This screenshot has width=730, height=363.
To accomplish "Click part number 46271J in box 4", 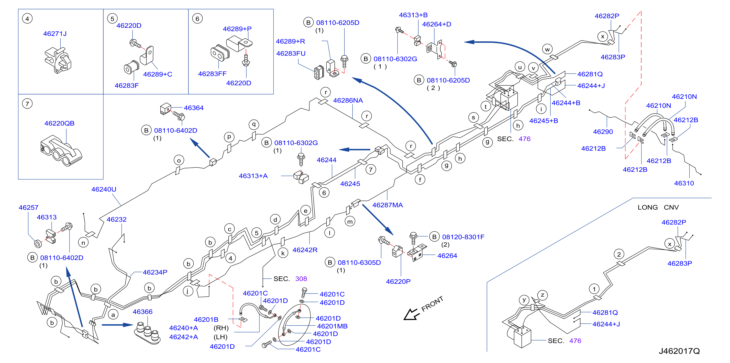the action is [x=55, y=34].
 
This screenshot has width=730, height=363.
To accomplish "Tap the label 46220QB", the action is [x=59, y=123].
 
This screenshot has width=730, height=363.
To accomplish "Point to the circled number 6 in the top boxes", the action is [x=197, y=19].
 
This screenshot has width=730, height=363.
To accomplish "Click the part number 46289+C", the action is [x=157, y=74].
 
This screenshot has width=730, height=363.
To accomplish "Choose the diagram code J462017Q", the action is [x=679, y=351].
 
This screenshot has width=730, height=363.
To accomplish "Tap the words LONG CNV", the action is [x=658, y=207].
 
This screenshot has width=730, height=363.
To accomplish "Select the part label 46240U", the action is [x=104, y=189].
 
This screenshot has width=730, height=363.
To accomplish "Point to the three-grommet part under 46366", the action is [x=147, y=333].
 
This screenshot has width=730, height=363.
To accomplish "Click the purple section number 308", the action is [x=301, y=279].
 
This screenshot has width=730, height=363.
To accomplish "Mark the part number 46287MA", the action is [x=387, y=205].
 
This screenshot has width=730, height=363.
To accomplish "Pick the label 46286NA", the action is [x=348, y=100].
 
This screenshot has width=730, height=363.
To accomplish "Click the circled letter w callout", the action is [x=547, y=49].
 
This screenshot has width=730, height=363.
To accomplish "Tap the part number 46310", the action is [x=684, y=183].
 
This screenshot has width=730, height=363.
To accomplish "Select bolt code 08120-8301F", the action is [x=463, y=237].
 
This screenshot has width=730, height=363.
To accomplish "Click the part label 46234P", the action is [x=155, y=272].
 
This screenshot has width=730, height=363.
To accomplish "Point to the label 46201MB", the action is [x=332, y=326].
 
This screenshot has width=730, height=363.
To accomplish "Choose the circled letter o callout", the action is [x=179, y=160].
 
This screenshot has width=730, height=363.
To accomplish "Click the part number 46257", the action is [x=28, y=208].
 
